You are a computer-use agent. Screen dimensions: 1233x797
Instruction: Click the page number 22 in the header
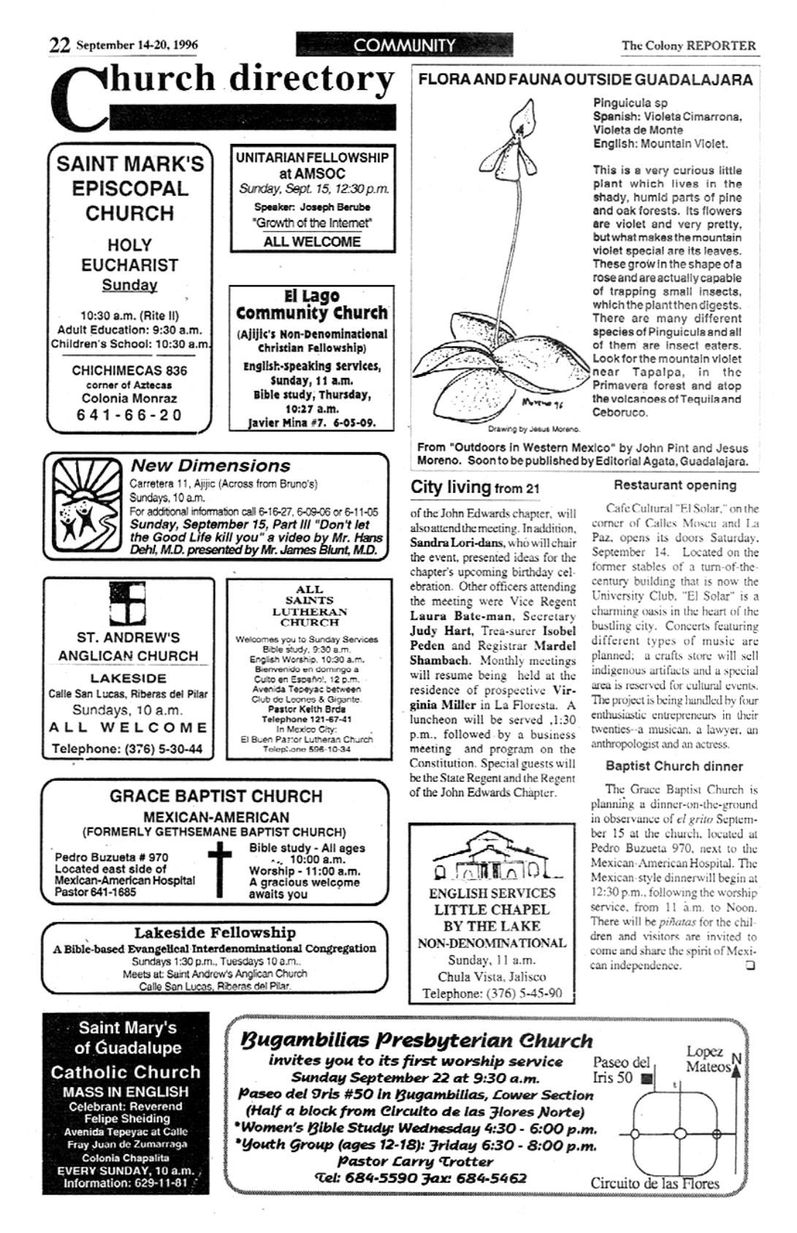click(x=59, y=45)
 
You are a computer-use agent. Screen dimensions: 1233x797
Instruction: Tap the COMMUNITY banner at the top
click(x=403, y=45)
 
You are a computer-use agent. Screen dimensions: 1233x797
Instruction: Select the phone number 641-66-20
click(x=129, y=415)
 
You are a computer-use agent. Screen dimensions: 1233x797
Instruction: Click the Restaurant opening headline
click(x=674, y=485)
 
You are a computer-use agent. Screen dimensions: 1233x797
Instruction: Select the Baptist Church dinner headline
click(x=674, y=766)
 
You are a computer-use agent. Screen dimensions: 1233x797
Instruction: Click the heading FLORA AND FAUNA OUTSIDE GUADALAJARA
click(x=585, y=80)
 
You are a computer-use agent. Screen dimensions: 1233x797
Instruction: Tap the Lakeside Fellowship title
click(x=215, y=933)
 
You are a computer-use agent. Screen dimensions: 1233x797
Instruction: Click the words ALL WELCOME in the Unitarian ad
click(x=312, y=242)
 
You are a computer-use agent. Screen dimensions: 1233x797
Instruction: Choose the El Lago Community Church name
click(x=312, y=305)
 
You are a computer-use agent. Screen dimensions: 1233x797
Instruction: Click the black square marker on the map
click(x=645, y=1078)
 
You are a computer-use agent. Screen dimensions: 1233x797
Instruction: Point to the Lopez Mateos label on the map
click(x=707, y=1059)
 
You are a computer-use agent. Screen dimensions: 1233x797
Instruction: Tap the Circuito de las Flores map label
click(x=655, y=1183)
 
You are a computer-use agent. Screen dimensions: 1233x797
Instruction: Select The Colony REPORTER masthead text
click(x=688, y=45)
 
